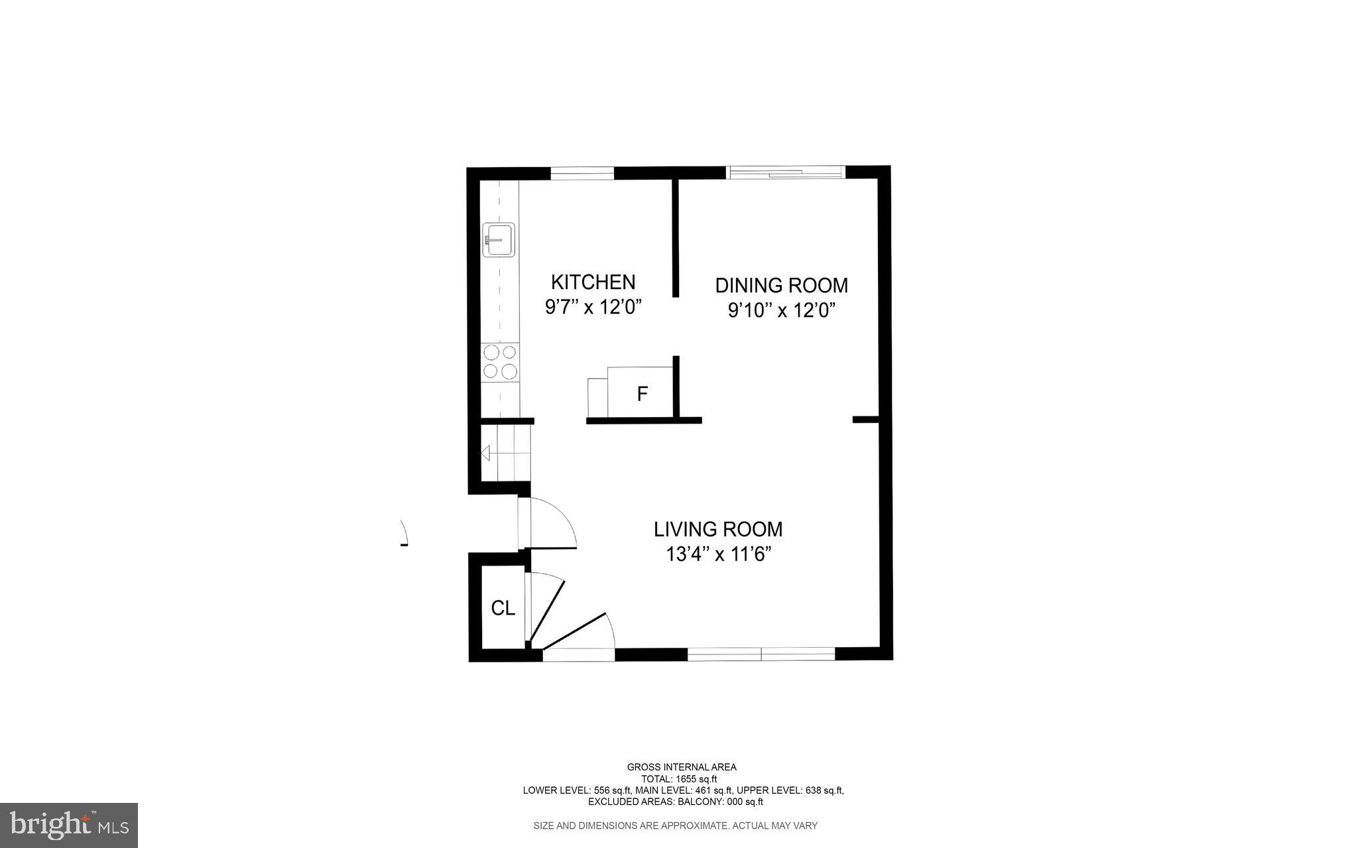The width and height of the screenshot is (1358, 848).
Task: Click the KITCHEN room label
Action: [593, 282]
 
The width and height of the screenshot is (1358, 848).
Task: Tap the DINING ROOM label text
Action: [781, 286]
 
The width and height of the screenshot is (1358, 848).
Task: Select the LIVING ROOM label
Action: [718, 529]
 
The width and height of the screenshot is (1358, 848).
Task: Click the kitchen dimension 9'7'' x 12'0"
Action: [593, 308]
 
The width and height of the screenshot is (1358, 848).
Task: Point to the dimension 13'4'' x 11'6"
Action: [719, 554]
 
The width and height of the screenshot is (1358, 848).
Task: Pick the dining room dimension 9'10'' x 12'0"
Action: [781, 311]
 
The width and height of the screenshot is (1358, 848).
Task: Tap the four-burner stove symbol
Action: [500, 362]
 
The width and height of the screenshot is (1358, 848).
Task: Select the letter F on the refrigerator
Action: [642, 394]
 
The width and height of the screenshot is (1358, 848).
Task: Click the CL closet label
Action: [503, 608]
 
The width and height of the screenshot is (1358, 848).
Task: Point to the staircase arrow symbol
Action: [486, 454]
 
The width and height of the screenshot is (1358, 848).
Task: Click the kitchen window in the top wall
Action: [582, 174]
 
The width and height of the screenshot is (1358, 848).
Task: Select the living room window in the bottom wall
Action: [761, 654]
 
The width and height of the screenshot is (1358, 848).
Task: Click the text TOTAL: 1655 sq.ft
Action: [678, 779]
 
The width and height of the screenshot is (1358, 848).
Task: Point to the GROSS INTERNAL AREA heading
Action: [682, 767]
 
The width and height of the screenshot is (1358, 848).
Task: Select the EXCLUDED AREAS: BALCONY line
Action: [675, 802]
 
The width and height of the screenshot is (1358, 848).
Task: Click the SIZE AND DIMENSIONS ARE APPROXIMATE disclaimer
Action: [675, 825]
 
